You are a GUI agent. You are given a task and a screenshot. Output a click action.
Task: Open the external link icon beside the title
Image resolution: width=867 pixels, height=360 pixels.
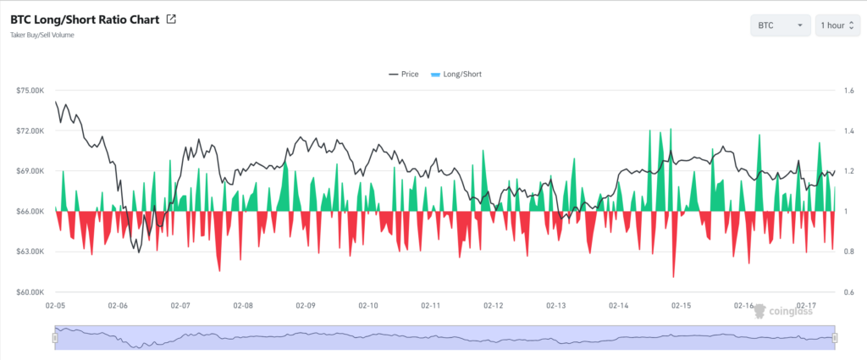(171, 19)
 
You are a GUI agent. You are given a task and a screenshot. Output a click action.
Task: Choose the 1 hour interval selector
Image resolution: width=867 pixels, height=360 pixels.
(837, 25)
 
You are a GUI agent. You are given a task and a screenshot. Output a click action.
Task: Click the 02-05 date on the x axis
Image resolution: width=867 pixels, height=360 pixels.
(56, 305)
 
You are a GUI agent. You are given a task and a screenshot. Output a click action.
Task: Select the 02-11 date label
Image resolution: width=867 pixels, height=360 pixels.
(431, 305)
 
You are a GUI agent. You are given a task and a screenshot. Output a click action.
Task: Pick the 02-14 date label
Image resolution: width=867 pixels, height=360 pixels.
(619, 305)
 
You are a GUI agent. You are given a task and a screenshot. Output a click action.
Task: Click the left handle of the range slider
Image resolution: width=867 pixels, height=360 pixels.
(55, 338)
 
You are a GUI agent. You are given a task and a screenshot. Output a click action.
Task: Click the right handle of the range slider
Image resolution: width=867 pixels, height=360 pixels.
(835, 338)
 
